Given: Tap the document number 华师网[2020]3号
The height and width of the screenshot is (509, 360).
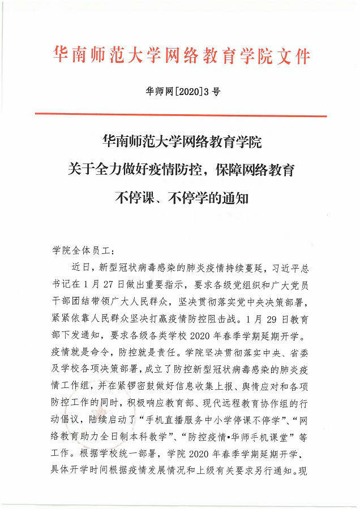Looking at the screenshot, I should click(180, 94).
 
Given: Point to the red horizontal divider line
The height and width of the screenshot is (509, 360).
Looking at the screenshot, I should click(180, 115).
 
